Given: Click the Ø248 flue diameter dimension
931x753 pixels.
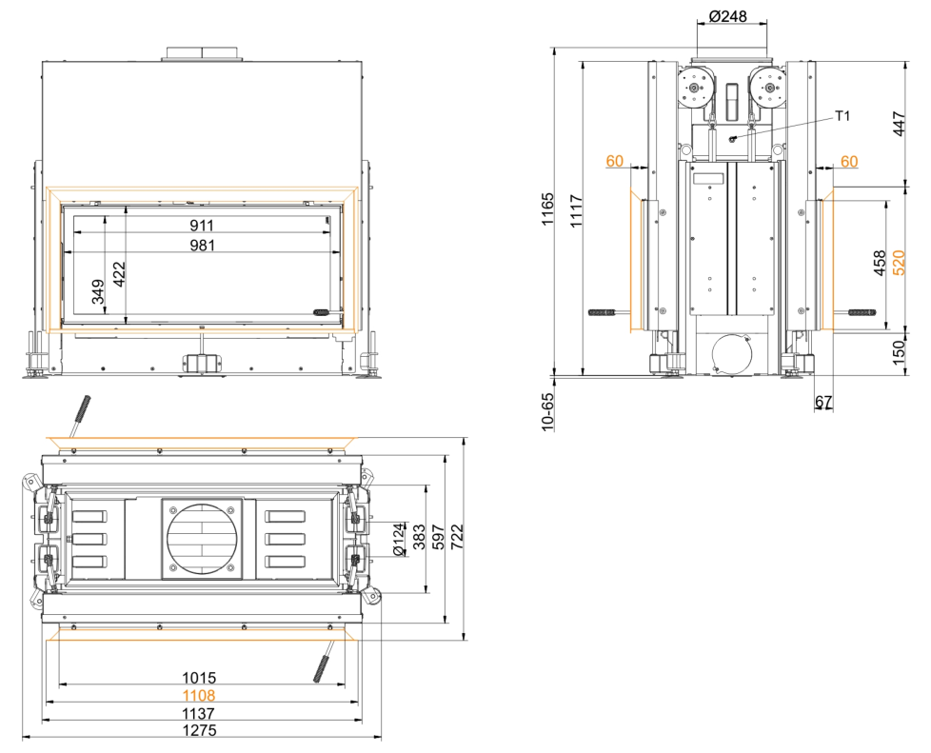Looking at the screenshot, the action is [x=727, y=16].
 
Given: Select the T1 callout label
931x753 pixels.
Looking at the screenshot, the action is [x=842, y=116].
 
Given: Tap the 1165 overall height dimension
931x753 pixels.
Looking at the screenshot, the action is [x=547, y=208].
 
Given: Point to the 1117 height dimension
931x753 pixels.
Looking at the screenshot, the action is [x=577, y=210].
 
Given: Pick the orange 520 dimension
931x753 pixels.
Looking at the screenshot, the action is [x=899, y=263].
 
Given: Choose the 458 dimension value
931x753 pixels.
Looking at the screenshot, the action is [x=880, y=263].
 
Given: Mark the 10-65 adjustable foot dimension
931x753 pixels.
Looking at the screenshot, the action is [x=547, y=410].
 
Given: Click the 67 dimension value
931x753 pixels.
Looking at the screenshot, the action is [x=822, y=402].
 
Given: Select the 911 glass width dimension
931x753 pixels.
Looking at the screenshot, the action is [x=202, y=225].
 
